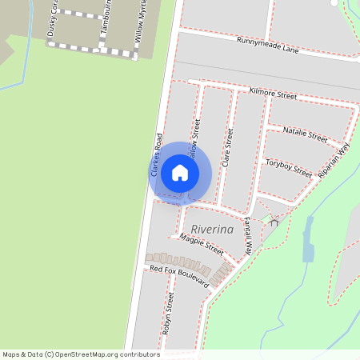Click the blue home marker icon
tap(180, 173)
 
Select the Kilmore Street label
tap(273, 94)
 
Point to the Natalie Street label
tap(306, 134)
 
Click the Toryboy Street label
tap(288, 166)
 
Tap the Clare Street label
tap(228, 147)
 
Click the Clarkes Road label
tap(156, 154)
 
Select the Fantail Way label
tap(249, 235)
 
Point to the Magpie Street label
tap(202, 244)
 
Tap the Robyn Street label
tap(169, 311)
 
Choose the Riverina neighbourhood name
tap(212, 230)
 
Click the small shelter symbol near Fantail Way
tap(274, 222)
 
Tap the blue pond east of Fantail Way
tap(308, 250)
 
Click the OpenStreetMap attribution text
tap(81, 354)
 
